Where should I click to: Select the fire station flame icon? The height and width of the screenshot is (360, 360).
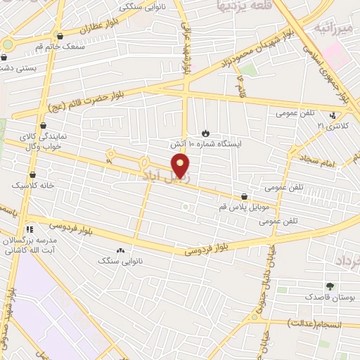(205, 132)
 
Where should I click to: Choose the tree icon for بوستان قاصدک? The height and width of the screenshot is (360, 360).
(330, 285)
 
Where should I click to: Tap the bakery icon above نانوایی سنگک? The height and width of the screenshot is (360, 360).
(120, 250)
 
